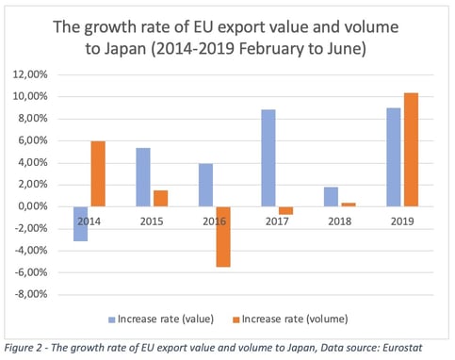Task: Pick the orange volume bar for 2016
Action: (222, 237)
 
